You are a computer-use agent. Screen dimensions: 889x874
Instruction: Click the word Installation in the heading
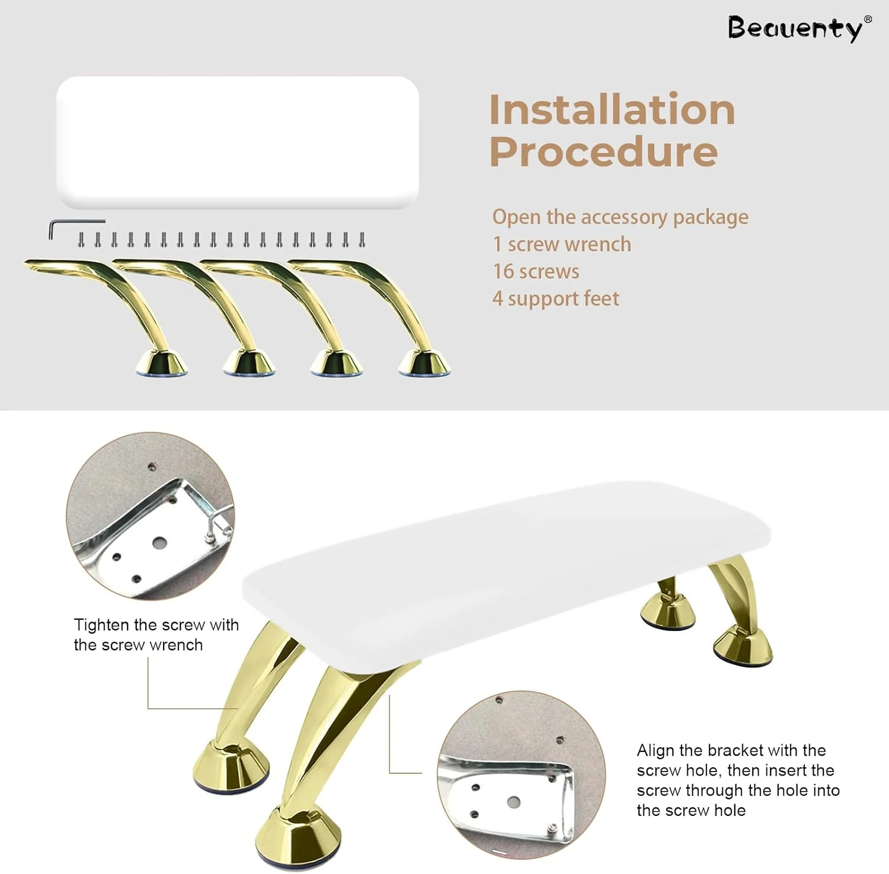click(x=612, y=110)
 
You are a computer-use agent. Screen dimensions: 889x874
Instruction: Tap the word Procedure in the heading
click(x=603, y=152)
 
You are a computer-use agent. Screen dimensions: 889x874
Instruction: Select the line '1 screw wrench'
click(x=562, y=244)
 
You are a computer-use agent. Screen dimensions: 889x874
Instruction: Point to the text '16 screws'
click(x=536, y=271)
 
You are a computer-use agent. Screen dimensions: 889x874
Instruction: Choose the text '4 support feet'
click(x=556, y=299)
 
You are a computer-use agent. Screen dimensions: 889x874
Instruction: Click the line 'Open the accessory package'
click(x=620, y=217)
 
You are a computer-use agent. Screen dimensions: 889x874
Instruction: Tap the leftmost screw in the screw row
click(x=82, y=240)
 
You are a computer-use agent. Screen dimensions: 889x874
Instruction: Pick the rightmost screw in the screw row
click(x=362, y=240)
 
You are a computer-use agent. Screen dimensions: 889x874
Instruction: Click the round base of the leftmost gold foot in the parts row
click(x=162, y=363)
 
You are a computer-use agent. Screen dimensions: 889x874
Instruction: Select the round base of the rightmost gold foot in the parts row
click(x=424, y=363)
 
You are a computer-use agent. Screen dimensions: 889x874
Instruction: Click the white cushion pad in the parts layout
click(x=238, y=142)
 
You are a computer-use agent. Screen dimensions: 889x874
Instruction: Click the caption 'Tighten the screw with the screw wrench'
click(x=156, y=635)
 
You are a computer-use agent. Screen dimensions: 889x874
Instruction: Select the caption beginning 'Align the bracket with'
click(x=738, y=780)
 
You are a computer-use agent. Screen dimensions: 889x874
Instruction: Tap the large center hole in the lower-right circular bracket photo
click(x=514, y=802)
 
